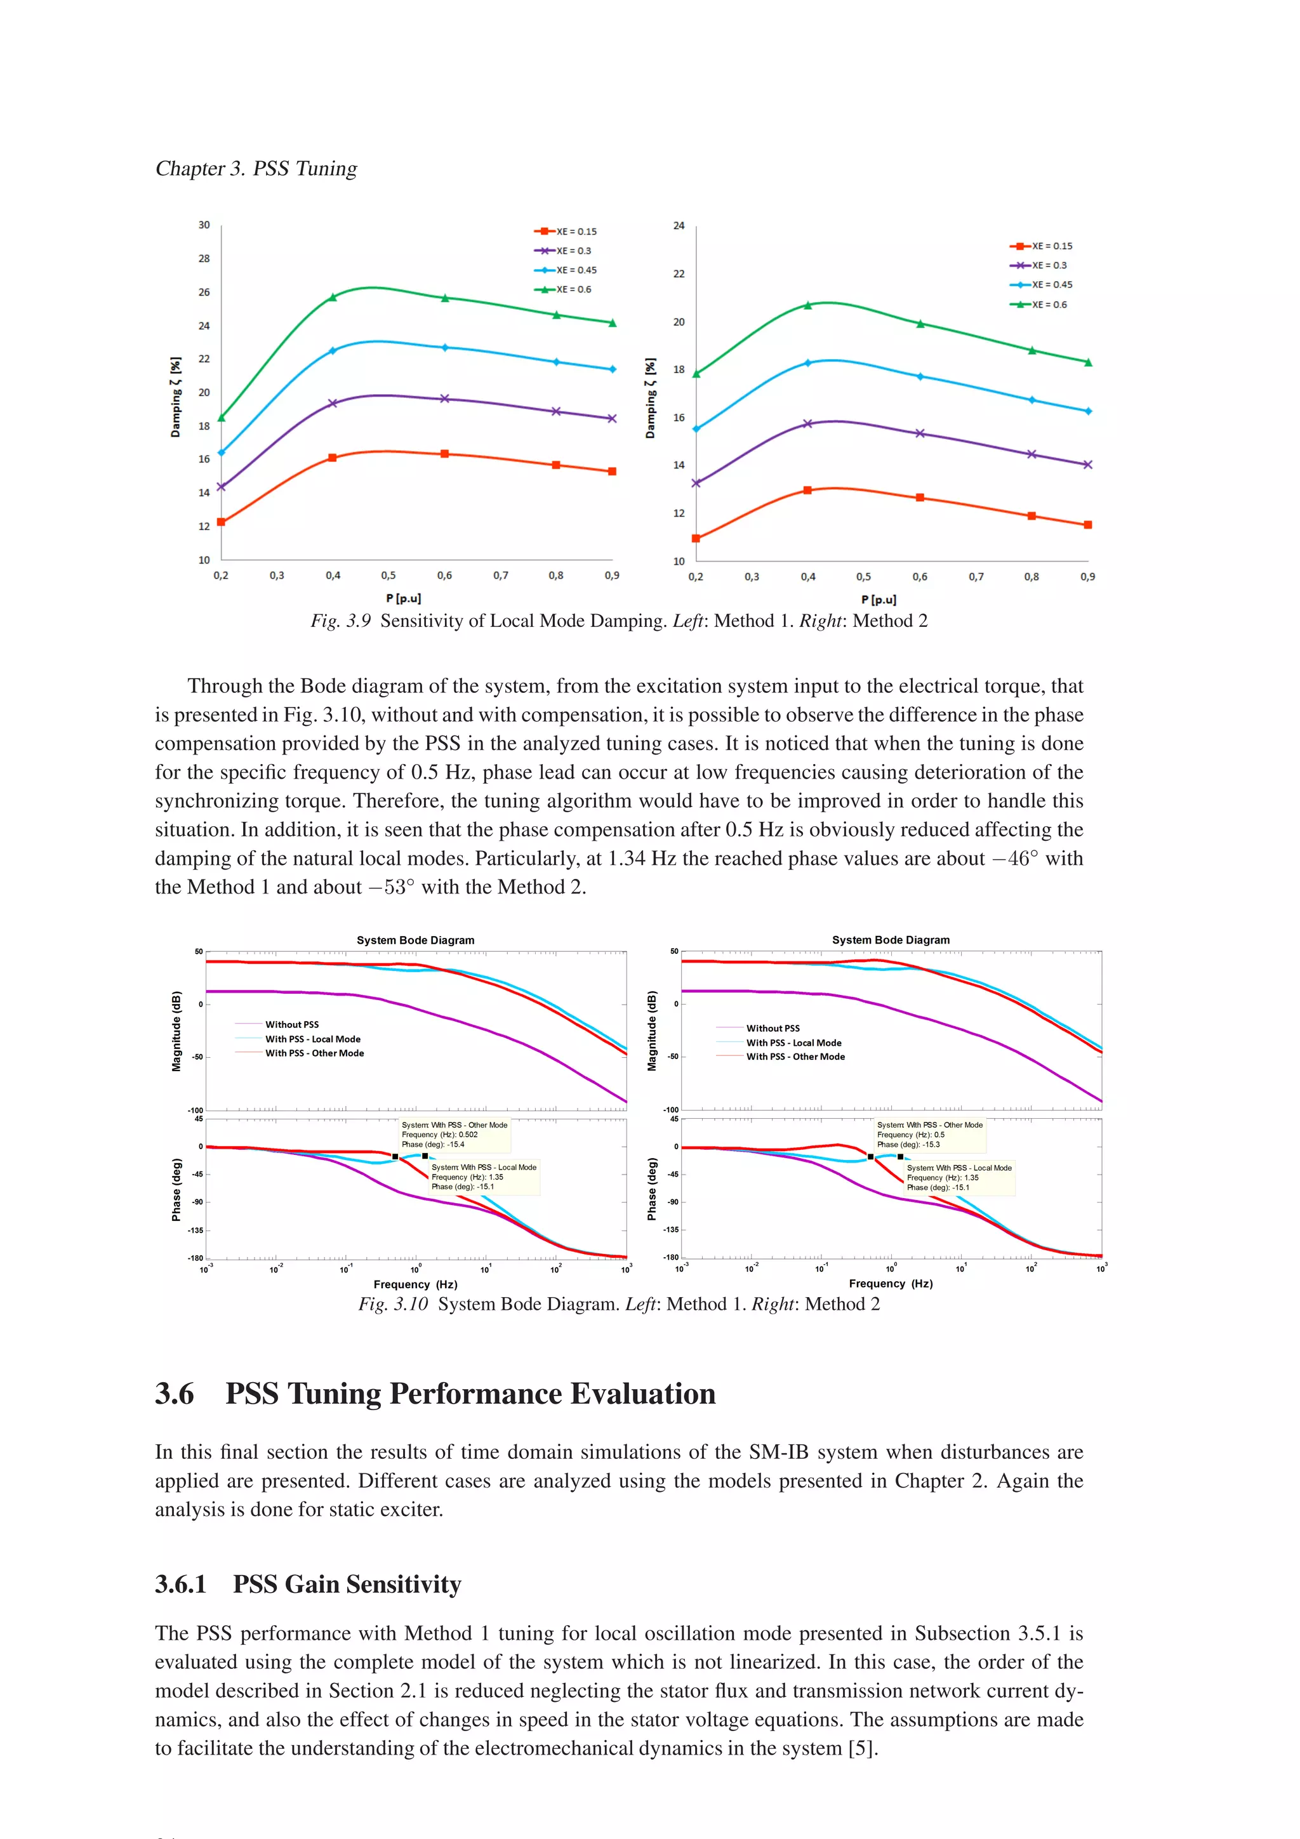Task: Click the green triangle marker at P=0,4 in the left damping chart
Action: (333, 297)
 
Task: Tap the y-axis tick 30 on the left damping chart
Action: (204, 225)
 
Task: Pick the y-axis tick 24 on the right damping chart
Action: (679, 226)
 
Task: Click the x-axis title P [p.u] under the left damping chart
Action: (403, 598)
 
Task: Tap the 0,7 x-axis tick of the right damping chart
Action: (976, 577)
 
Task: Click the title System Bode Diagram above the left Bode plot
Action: (415, 940)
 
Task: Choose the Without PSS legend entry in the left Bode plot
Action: (291, 1024)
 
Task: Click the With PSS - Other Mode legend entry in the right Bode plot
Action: (795, 1057)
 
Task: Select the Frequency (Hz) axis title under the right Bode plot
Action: (890, 1283)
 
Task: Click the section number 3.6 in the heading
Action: (175, 1394)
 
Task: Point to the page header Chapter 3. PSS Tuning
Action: (256, 168)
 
